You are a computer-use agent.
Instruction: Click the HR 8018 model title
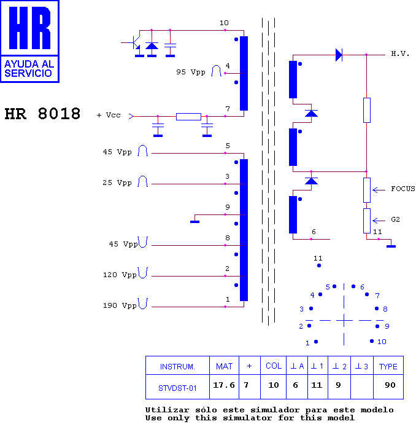[x=42, y=114]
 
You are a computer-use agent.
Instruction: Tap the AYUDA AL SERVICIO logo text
[x=29, y=69]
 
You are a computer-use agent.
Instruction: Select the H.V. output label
[x=400, y=54]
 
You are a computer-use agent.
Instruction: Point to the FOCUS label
[x=403, y=189]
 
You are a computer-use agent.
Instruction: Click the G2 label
[x=395, y=219]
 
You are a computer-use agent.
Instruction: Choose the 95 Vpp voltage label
[x=191, y=72]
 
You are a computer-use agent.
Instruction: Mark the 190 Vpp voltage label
[x=120, y=305]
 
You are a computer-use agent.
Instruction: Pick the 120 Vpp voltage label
[x=120, y=275]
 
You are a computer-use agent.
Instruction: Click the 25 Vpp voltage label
[x=117, y=183]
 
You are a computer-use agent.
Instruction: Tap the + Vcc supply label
[x=109, y=115]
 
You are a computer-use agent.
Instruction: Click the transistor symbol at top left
[x=134, y=43]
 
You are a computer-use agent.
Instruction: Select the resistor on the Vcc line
[x=188, y=117]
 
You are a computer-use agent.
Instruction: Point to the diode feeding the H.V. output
[x=339, y=55]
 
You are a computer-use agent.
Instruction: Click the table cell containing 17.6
[x=224, y=387]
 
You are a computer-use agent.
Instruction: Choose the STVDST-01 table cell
[x=177, y=387]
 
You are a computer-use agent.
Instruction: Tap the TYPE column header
[x=388, y=366]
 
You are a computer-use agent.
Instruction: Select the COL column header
[x=274, y=366]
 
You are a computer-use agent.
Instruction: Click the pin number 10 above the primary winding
[x=224, y=23]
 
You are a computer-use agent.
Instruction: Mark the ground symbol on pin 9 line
[x=195, y=222]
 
